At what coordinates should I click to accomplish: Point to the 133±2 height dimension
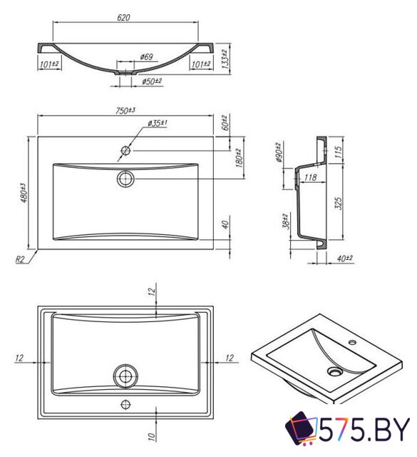225,58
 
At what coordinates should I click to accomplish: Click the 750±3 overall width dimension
126,110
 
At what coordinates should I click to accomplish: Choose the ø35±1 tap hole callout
158,124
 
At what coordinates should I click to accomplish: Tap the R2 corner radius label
23,260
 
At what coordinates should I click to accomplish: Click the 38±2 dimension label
285,222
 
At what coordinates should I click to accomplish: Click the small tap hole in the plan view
126,151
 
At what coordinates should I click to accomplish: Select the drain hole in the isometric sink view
336,371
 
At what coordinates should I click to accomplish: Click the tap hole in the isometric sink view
352,343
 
